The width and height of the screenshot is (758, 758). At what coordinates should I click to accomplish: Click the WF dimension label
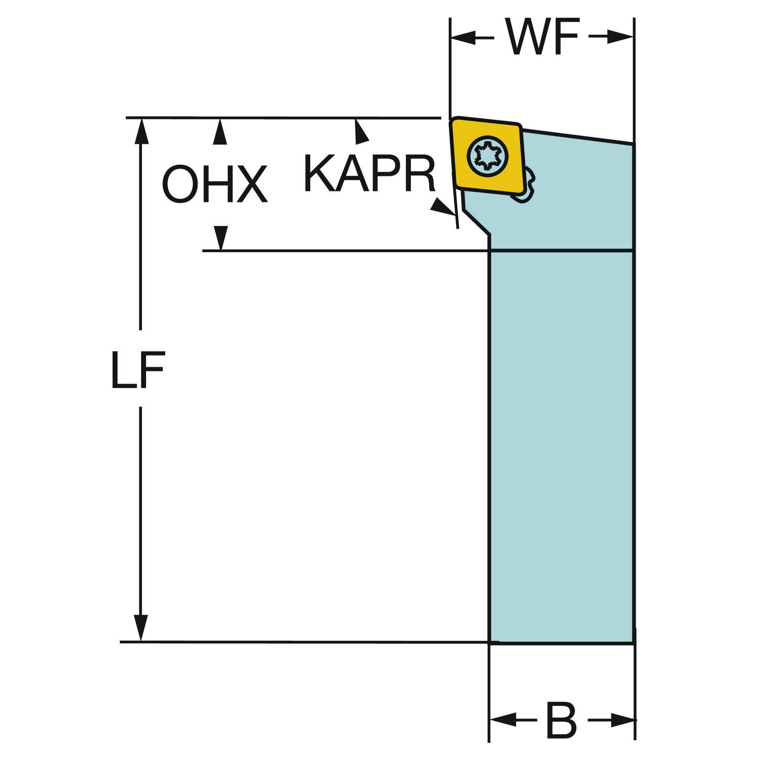click(542, 37)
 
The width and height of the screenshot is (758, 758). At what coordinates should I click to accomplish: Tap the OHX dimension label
click(214, 185)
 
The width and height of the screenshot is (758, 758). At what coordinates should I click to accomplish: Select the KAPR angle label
click(369, 174)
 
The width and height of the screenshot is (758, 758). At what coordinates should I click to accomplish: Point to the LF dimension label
click(138, 370)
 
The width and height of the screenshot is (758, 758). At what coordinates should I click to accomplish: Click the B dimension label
click(561, 720)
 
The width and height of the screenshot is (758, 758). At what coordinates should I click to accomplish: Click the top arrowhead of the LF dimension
click(140, 132)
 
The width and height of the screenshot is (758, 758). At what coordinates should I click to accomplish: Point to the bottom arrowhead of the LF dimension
click(140, 628)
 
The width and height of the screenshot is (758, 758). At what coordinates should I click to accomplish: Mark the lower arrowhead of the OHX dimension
click(220, 238)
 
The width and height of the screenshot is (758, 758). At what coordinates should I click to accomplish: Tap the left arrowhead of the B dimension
click(504, 719)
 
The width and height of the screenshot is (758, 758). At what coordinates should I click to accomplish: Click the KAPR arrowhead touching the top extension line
click(360, 130)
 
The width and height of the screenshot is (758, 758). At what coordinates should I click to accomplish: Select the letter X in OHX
click(250, 185)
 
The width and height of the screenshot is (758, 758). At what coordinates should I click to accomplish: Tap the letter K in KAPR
click(319, 174)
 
